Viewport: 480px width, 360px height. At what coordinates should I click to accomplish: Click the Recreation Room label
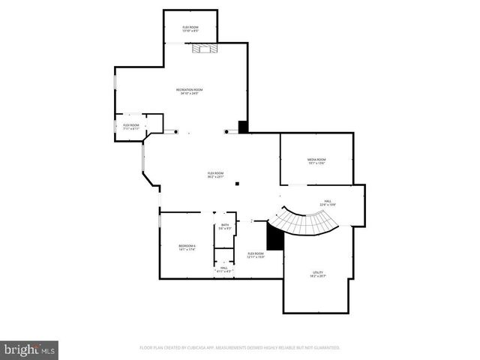coord(190,91)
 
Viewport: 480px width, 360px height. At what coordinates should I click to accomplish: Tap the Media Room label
coord(316,161)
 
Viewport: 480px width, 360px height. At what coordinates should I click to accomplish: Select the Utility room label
coord(317,274)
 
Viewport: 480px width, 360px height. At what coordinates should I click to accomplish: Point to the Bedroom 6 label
coord(187,247)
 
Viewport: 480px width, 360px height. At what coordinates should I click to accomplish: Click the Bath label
coord(224,226)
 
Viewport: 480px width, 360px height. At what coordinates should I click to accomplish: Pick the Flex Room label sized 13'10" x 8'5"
coord(190,28)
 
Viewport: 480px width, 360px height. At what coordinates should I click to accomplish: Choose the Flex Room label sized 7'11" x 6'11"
coord(131,127)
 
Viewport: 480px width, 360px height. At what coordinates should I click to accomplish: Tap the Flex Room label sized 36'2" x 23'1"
coord(215,175)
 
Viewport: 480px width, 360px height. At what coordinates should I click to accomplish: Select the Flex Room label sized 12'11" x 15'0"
coord(256,255)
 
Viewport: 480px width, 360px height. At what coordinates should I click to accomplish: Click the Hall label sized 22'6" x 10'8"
coord(328,202)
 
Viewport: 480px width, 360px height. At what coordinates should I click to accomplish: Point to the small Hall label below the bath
coord(223,268)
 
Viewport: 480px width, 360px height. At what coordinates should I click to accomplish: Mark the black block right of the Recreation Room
coord(243,127)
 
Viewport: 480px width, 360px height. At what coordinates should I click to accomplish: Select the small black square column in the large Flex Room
coord(237,184)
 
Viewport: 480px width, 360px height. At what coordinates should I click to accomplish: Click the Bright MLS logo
coord(29,349)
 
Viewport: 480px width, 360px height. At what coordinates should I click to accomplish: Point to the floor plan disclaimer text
coord(240,348)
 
